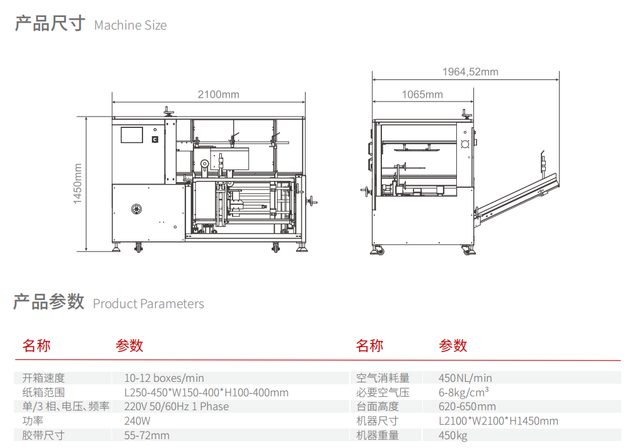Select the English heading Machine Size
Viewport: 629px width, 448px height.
(130, 26)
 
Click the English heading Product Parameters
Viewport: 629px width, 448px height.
(148, 304)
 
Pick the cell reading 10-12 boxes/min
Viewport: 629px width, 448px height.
(164, 378)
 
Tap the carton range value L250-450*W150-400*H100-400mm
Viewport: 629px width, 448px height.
(206, 393)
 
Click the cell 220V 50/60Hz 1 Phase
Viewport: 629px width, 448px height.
(176, 406)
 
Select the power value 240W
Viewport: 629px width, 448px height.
(137, 420)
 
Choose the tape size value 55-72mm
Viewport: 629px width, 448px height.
(147, 435)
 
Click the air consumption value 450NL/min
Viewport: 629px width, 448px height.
(465, 378)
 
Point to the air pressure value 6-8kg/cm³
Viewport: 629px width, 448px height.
(464, 392)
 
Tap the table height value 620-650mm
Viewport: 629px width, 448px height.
(467, 406)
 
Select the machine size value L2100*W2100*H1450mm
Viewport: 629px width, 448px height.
(498, 420)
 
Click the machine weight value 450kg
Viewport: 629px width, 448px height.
(453, 435)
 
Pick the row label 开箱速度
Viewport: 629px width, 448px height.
(43, 378)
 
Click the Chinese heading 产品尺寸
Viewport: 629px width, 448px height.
(49, 24)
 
